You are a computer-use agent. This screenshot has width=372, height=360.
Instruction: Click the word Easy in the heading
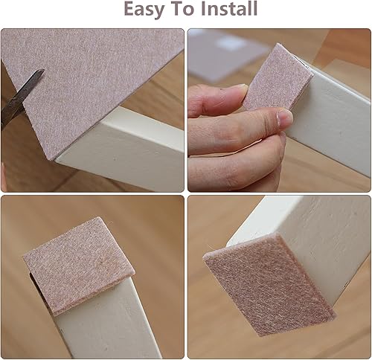point(144,9)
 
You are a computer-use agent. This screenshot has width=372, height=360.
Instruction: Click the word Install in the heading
point(229,8)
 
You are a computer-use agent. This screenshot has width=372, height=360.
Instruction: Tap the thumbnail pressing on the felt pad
point(285,118)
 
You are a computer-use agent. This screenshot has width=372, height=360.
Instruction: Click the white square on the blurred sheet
point(229,42)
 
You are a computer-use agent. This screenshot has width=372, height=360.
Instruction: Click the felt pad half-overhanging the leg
point(79,266)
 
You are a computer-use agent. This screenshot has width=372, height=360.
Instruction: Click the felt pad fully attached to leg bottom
point(269,285)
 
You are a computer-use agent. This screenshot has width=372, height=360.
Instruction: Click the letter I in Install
point(204,8)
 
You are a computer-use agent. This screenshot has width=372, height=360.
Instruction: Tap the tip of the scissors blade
point(44,70)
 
